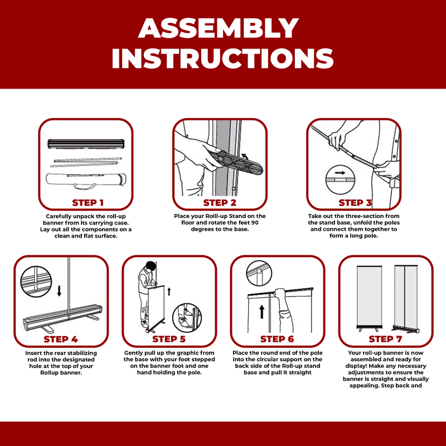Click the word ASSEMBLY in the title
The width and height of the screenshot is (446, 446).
point(218,28)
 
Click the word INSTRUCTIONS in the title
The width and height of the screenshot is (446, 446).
point(222,59)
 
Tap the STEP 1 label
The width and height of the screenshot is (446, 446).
point(88,203)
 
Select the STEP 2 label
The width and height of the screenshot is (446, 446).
point(220,203)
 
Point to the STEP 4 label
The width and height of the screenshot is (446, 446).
point(61,339)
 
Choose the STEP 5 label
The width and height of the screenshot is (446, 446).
point(169,339)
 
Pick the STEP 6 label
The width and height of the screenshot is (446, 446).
point(277,339)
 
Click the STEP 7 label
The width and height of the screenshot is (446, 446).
point(385,339)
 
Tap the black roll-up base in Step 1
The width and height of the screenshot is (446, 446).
point(86,144)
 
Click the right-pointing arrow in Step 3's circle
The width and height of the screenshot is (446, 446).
point(340,173)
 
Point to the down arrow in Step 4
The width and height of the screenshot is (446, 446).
point(59,291)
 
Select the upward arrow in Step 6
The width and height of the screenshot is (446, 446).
point(262,312)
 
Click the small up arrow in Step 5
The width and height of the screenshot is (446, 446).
point(169,291)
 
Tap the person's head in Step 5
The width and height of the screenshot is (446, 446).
point(151,266)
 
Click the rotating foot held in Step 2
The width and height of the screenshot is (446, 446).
point(235,163)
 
